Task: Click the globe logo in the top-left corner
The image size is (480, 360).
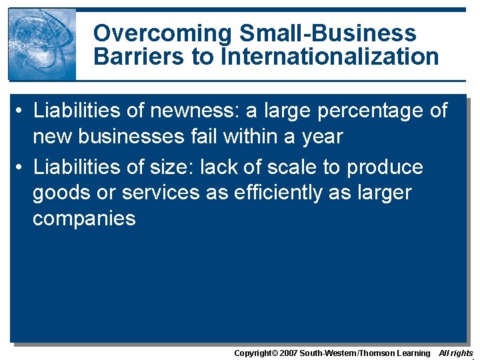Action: click(x=42, y=45)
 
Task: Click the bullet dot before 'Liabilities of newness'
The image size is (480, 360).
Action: click(x=20, y=110)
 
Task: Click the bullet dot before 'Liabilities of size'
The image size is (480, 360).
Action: click(x=20, y=167)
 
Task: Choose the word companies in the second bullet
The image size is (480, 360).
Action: click(x=84, y=219)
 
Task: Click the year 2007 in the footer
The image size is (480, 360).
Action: click(x=288, y=353)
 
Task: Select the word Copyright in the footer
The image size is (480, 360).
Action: click(x=253, y=353)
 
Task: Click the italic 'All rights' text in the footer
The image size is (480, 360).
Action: click(x=456, y=353)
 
